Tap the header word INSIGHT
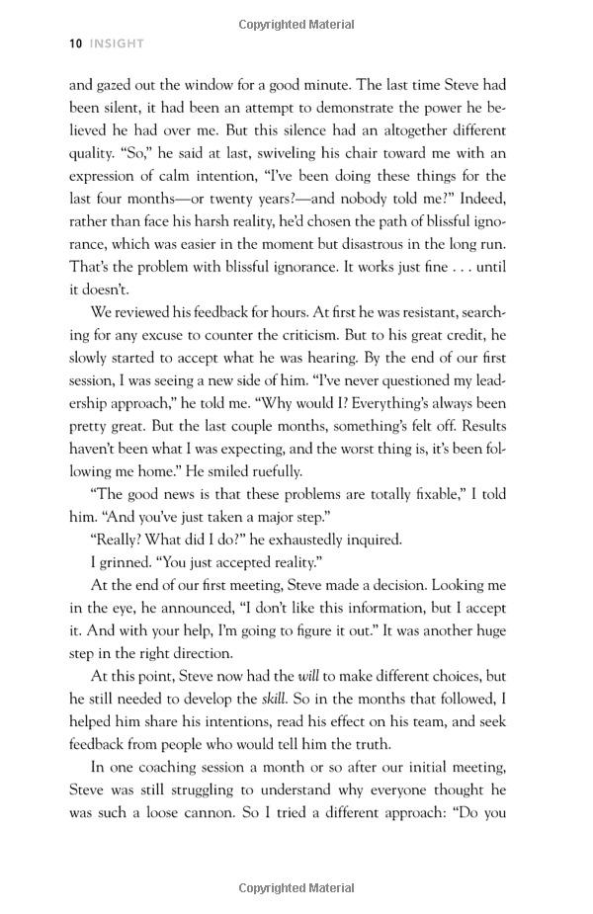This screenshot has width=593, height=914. click(x=117, y=43)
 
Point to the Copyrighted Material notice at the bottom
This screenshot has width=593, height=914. click(x=296, y=888)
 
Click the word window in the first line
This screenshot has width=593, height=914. click(x=215, y=85)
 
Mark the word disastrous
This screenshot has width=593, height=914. click(x=376, y=244)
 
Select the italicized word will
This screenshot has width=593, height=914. click(x=310, y=676)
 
